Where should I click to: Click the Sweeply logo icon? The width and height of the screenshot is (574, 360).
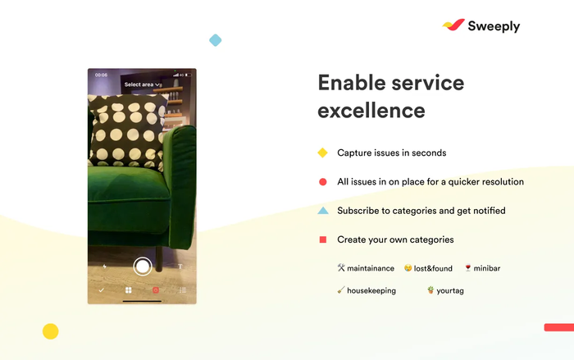(x=453, y=25)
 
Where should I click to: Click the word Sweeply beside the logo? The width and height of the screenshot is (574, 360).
(x=494, y=26)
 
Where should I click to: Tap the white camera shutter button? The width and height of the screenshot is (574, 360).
(x=143, y=266)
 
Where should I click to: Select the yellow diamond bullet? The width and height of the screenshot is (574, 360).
(x=322, y=153)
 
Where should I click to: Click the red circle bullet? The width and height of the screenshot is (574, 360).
(x=322, y=182)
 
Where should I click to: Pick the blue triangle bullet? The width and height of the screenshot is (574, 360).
(x=322, y=211)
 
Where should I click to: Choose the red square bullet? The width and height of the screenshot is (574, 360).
(x=322, y=239)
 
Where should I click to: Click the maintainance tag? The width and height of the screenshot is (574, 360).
(x=366, y=268)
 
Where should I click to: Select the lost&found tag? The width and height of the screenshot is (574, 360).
(x=429, y=268)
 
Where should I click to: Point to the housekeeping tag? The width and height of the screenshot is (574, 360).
(x=367, y=290)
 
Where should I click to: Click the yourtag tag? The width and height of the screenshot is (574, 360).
(x=445, y=290)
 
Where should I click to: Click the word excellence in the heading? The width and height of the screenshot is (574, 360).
(x=371, y=110)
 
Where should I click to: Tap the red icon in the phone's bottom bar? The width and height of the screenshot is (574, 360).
(x=156, y=290)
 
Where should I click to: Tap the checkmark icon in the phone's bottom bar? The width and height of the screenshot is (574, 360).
(x=101, y=290)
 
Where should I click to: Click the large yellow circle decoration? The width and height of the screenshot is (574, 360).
(x=51, y=331)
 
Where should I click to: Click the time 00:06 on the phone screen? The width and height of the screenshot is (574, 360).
(x=101, y=75)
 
